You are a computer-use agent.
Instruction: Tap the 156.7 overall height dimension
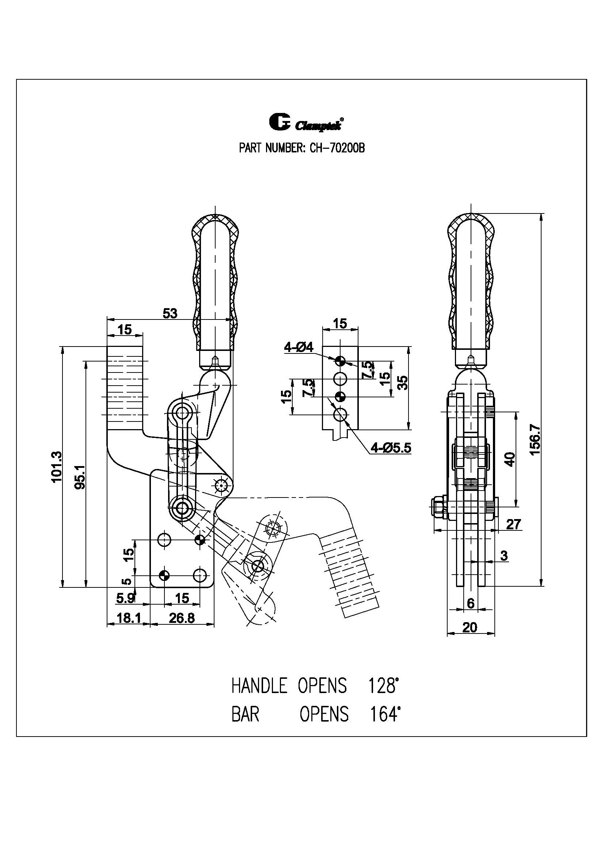pos(535,440)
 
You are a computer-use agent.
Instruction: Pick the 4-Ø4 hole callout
pos(299,347)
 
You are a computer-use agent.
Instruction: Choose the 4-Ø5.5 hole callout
pos(391,448)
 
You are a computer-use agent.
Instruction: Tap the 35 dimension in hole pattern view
pos(403,382)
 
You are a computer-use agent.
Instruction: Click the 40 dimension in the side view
pos(510,459)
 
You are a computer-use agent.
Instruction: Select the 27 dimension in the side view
pos(513,524)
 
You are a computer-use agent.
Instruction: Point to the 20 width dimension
pos(470,628)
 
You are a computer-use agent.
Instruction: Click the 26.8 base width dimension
pos(182,618)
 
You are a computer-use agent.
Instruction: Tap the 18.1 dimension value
pos(128,618)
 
